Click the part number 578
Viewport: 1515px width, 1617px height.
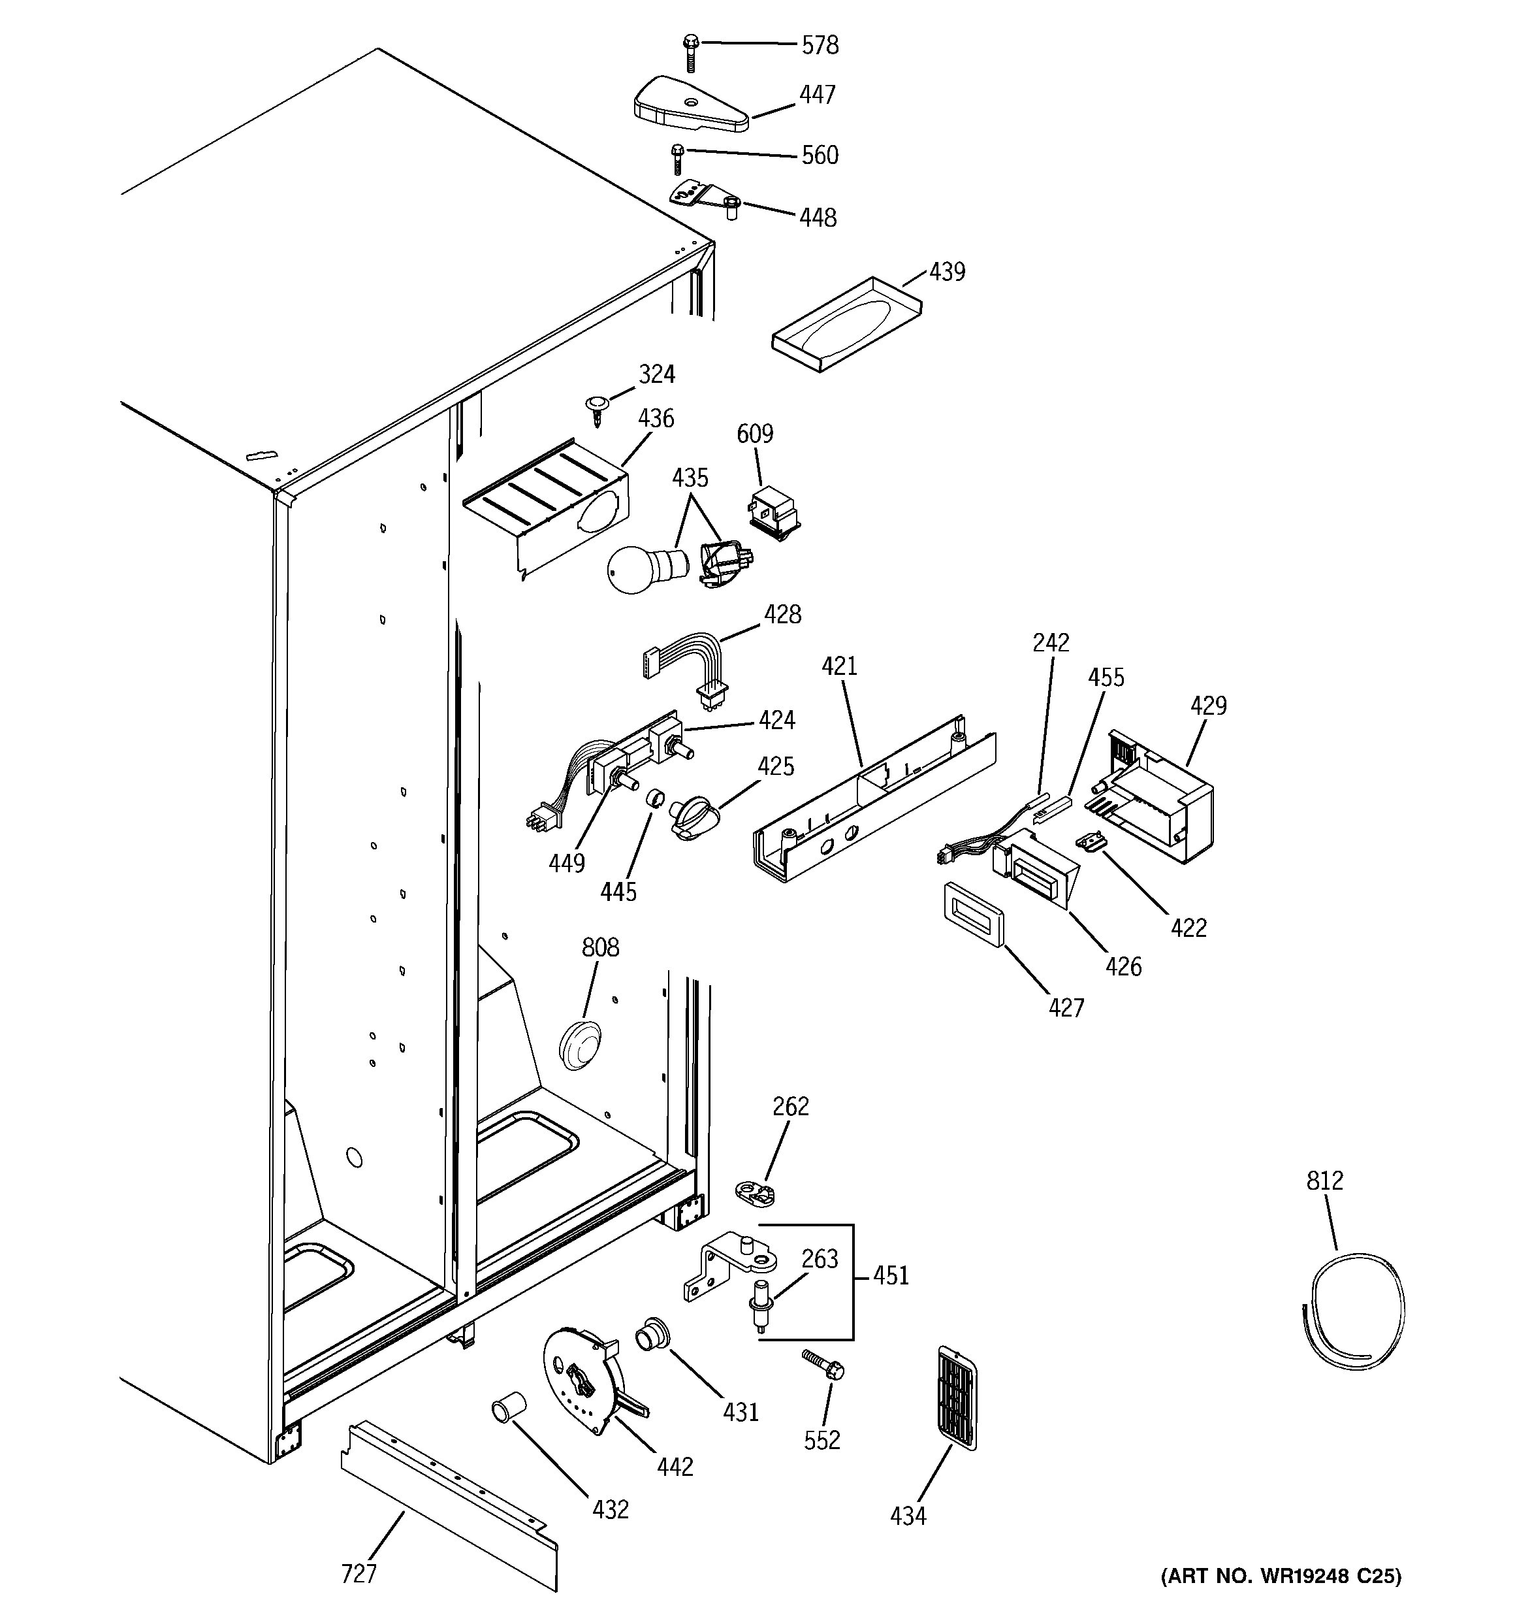pyautogui.click(x=819, y=46)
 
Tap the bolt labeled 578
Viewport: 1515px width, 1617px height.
pyautogui.click(x=690, y=52)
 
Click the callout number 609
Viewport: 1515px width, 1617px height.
pyautogui.click(x=755, y=434)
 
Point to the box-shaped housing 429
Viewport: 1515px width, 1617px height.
pyautogui.click(x=1159, y=796)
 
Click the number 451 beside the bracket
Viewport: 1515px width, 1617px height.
pyautogui.click(x=891, y=1275)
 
